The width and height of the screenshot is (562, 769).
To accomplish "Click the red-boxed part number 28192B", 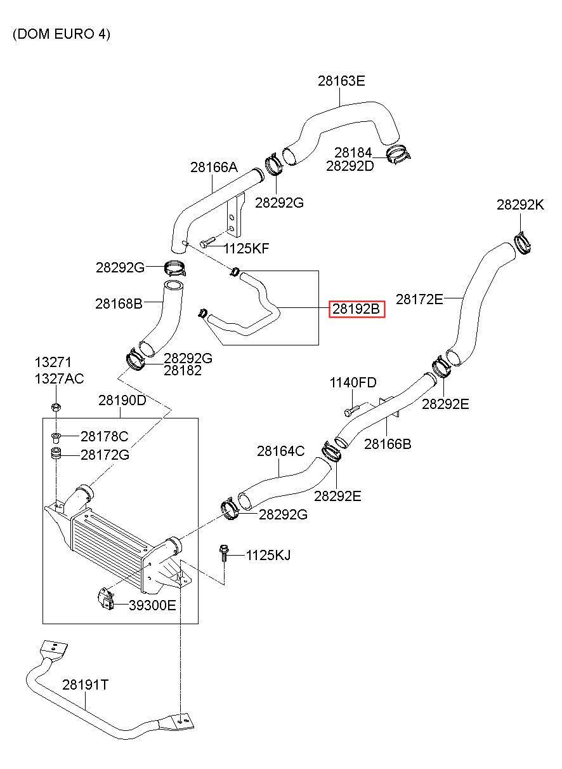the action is (x=356, y=309).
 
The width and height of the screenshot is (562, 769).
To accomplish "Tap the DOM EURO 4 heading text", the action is (x=62, y=34).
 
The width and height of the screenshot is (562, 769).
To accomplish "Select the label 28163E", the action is (x=341, y=81).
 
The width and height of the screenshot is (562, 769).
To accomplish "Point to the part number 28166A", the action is (x=214, y=167).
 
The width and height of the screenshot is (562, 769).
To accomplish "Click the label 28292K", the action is (x=520, y=205).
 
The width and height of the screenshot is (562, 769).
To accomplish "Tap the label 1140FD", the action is (x=353, y=382).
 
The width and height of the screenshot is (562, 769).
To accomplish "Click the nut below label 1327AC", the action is (x=56, y=408).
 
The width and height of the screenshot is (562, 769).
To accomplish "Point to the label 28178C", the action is (x=104, y=436).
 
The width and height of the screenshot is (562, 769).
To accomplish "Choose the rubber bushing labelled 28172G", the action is (x=56, y=454).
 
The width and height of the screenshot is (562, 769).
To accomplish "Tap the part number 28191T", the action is (x=86, y=685).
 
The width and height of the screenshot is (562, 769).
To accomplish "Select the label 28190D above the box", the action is (x=122, y=400).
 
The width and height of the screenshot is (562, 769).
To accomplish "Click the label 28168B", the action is (x=119, y=304).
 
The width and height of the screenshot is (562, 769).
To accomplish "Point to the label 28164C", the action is (x=280, y=451).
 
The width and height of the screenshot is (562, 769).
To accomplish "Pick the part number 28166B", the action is (x=388, y=444).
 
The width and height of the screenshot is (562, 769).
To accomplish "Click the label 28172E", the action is (x=419, y=299).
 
